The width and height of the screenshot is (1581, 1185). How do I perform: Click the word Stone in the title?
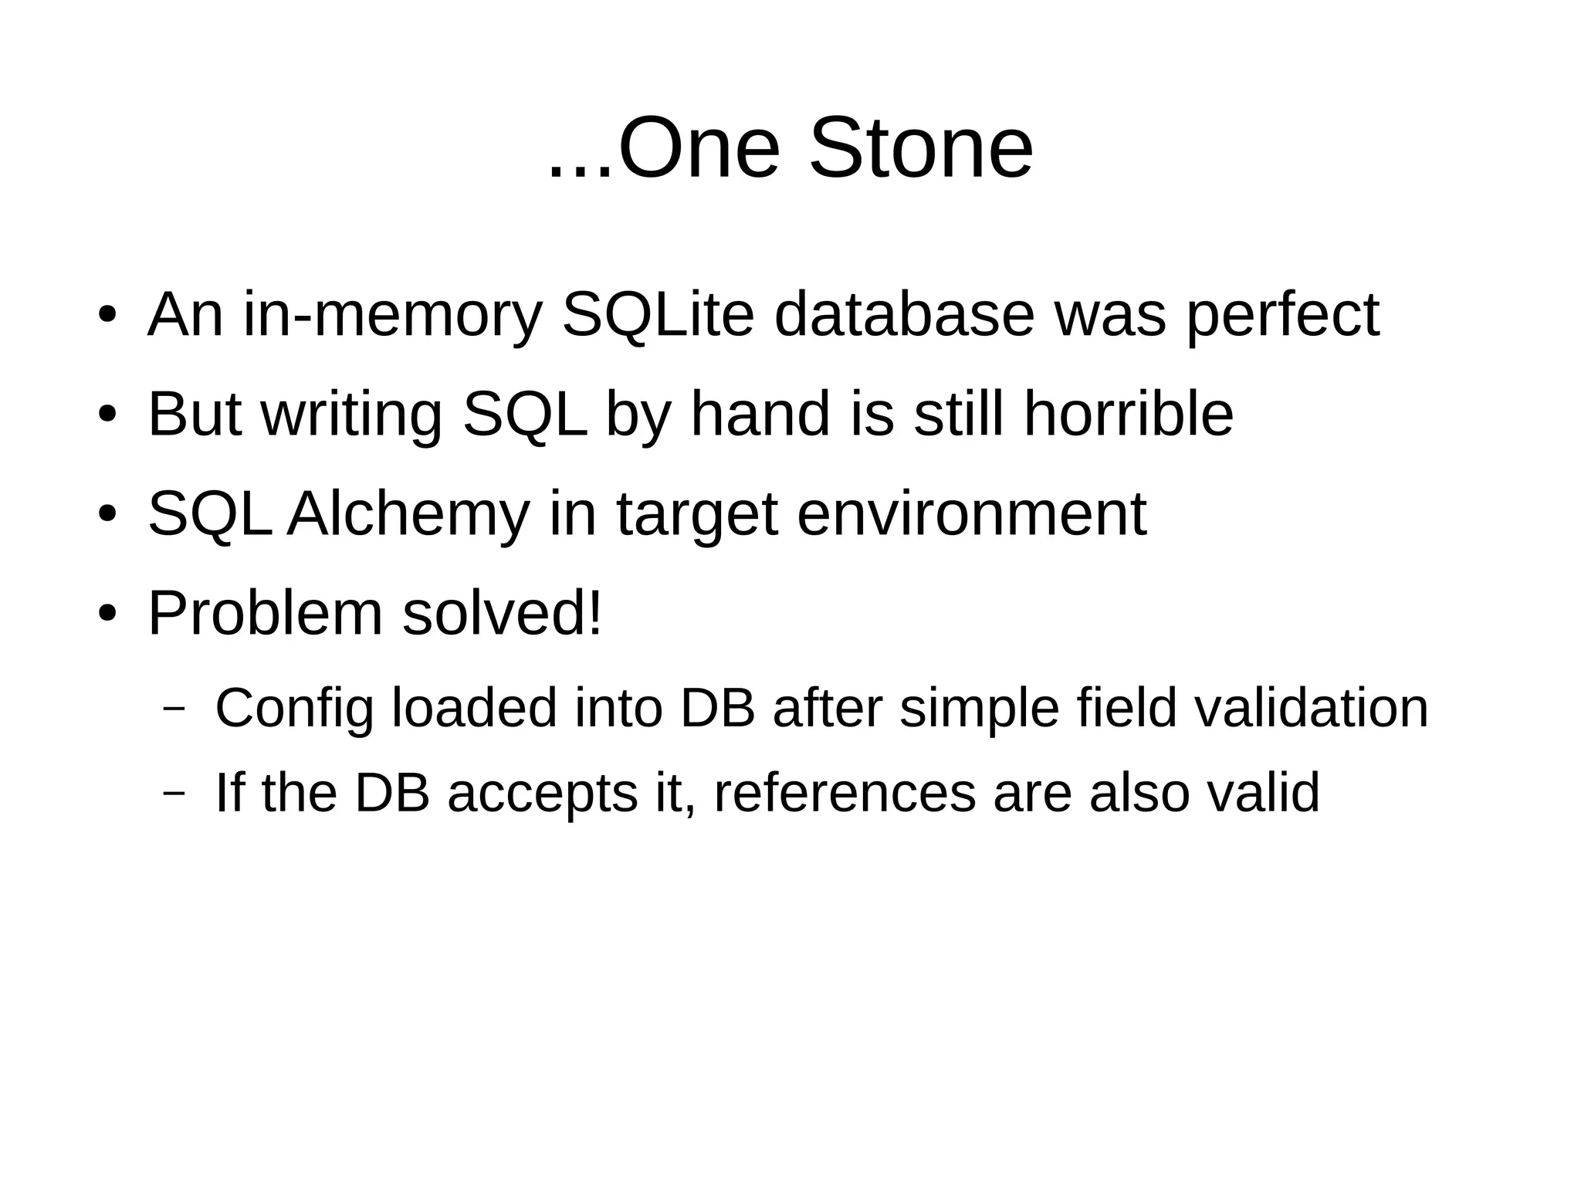(x=920, y=148)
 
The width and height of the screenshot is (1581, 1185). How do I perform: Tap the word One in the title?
(x=699, y=148)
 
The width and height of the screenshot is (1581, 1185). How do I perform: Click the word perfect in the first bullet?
(x=1282, y=315)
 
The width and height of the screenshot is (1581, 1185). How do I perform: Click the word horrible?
(x=1128, y=415)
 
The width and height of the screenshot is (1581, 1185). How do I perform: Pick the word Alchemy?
(x=408, y=514)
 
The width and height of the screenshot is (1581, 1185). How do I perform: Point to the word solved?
(x=502, y=614)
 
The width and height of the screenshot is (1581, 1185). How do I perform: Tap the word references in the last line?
(x=845, y=793)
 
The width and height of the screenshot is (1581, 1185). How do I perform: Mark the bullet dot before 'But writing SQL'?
(x=107, y=415)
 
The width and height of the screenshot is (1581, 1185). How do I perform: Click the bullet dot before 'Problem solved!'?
(x=107, y=615)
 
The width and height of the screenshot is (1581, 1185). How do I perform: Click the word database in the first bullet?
(x=904, y=315)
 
